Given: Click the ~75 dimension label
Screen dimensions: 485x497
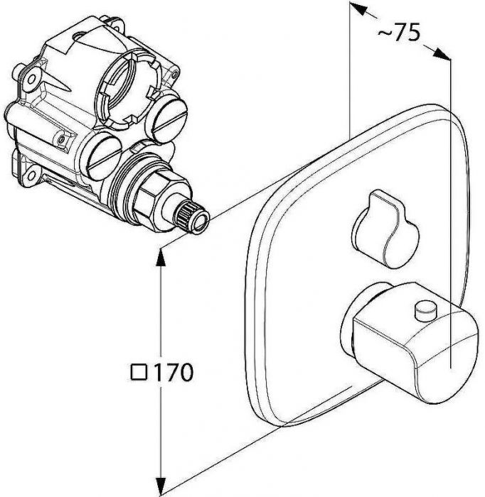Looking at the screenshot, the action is click(399, 32).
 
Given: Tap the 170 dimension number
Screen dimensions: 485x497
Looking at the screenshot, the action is click(173, 372).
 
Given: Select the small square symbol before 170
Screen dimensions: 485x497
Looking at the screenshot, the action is click(139, 372).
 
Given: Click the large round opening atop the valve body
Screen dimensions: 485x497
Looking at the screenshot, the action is click(127, 87).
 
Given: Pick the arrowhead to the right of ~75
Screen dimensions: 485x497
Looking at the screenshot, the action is click(441, 54).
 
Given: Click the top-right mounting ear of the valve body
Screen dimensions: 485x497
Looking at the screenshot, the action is click(117, 23).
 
